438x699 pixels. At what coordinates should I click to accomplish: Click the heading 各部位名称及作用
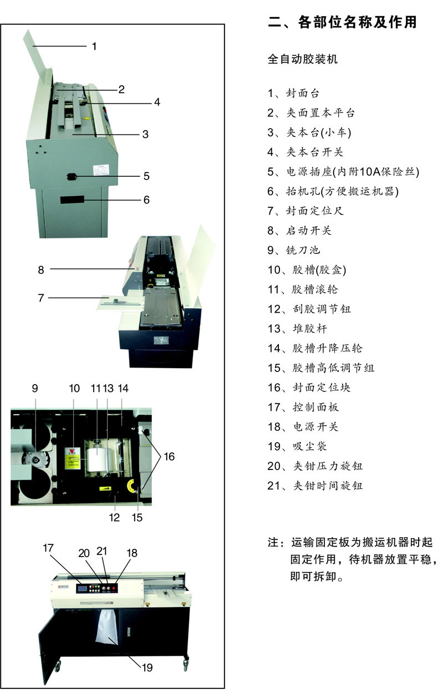pyautogui.click(x=342, y=23)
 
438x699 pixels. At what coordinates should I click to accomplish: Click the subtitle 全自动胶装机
pyautogui.click(x=303, y=59)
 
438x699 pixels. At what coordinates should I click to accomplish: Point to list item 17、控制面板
pyautogui.click(x=303, y=407)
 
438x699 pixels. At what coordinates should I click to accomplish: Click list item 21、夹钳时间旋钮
pyautogui.click(x=315, y=486)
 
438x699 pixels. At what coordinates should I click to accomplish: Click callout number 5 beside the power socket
pyautogui.click(x=146, y=176)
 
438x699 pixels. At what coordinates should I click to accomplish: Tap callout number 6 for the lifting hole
pyautogui.click(x=146, y=200)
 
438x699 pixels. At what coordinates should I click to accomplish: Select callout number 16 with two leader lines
pyautogui.click(x=169, y=456)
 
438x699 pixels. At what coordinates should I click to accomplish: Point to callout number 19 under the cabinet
pyautogui.click(x=147, y=667)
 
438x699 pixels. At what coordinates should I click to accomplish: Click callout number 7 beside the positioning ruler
pyautogui.click(x=40, y=298)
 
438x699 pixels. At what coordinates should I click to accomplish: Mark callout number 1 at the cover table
pyautogui.click(x=94, y=46)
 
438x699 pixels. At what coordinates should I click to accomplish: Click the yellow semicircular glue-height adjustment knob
pyautogui.click(x=132, y=486)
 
